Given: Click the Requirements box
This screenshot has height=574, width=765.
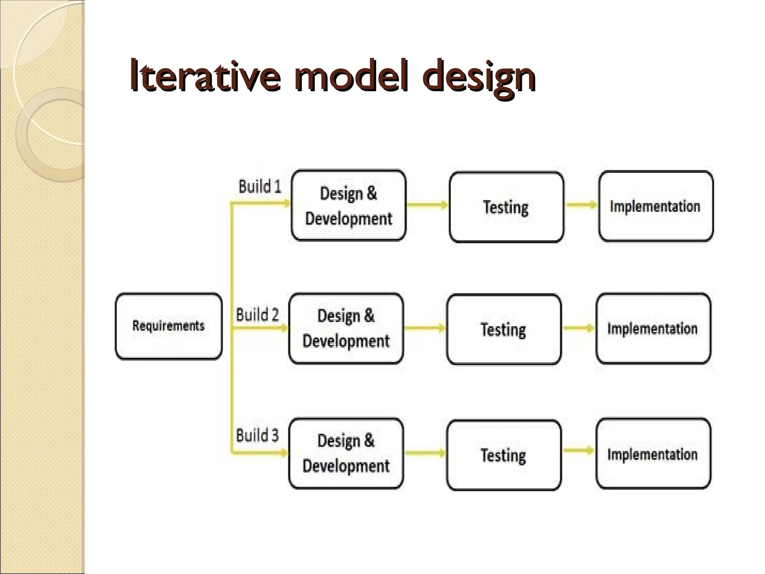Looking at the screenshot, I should pos(168,326).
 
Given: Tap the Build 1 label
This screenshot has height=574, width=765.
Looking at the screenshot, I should pos(260,186).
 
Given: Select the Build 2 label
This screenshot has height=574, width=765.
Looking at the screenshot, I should pos(257,315).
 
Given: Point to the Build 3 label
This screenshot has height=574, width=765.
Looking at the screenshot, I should pos(257,435).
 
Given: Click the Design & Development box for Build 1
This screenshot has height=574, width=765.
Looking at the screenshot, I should pos(349,206).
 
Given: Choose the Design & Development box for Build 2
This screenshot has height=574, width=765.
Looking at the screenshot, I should pos(346,328).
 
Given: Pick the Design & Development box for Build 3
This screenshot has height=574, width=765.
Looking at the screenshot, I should pos(346,453).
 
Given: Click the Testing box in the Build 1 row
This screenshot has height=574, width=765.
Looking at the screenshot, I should pos(506,207).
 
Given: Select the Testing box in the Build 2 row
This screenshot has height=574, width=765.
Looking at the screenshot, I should pos(504,329).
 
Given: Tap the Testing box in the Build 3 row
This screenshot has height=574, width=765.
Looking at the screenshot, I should pos(504,455).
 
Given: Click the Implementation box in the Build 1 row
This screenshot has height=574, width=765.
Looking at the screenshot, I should pos(656,206).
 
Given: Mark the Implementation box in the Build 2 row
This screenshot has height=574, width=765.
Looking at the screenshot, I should pos(653,328).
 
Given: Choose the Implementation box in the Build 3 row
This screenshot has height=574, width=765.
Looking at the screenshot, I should pos(653,454).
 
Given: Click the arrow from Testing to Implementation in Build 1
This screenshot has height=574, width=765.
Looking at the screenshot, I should pos(581,205).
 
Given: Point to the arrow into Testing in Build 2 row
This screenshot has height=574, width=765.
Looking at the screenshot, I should pos(425,328).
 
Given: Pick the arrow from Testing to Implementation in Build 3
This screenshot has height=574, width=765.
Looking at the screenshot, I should pos(578,450).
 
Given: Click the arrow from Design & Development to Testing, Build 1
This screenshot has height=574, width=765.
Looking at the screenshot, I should pos(427,205).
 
